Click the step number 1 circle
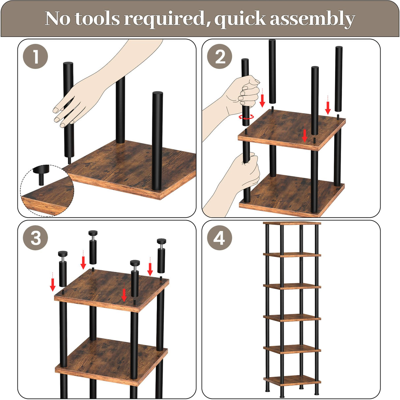35,56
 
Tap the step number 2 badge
220,56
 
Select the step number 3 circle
35,238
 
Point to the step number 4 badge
220,238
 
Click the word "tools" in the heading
97,19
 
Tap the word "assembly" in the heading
312,19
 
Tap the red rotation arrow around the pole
246,117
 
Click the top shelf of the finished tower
292,223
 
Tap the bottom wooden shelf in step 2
292,195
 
